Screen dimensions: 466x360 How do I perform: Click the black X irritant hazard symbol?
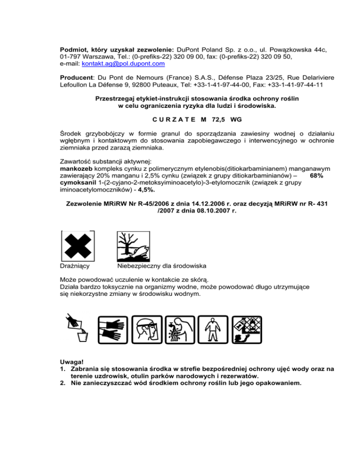point(78,246)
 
